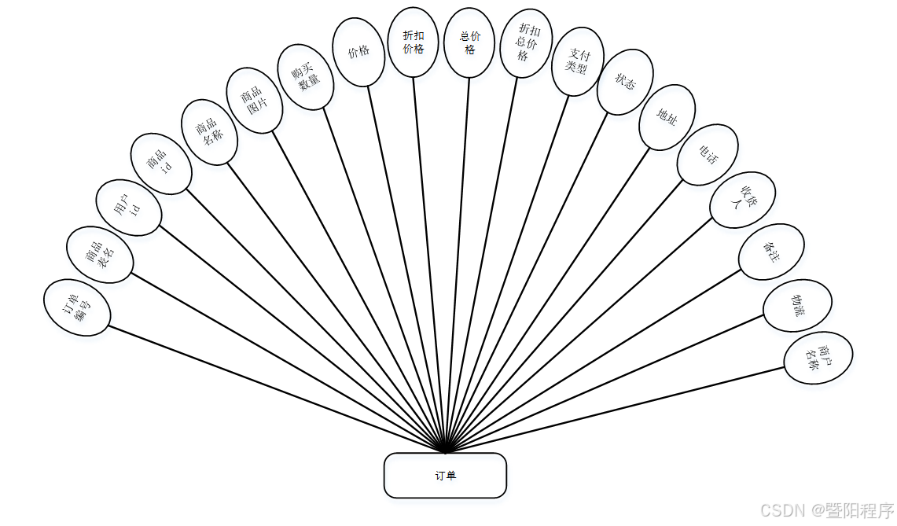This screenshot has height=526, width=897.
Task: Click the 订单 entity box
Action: point(445,475)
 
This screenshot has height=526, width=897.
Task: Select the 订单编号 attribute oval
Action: point(77,307)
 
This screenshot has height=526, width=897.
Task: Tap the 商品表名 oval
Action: point(100,255)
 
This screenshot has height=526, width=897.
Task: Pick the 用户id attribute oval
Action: point(129,208)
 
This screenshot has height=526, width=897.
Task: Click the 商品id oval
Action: point(160,164)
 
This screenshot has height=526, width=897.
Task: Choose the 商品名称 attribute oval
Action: point(209,131)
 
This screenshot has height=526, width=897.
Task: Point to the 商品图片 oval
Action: point(254,100)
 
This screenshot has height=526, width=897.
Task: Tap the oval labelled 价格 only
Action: point(358,52)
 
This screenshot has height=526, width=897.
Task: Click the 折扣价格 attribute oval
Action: point(414,42)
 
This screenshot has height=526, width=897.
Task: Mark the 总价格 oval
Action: point(469,42)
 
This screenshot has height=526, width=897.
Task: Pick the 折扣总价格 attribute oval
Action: point(527,44)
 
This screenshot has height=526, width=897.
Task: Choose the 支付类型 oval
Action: point(578,61)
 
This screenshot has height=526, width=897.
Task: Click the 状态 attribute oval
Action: point(625,82)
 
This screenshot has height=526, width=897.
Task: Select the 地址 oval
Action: point(667,117)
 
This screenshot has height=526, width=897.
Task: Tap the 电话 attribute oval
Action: point(708,155)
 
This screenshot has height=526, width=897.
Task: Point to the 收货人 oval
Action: point(742,200)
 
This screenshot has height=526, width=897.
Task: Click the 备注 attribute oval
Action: point(771,252)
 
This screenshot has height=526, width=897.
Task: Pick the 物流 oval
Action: point(797,305)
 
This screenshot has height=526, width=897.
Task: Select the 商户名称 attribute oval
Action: point(818,358)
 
